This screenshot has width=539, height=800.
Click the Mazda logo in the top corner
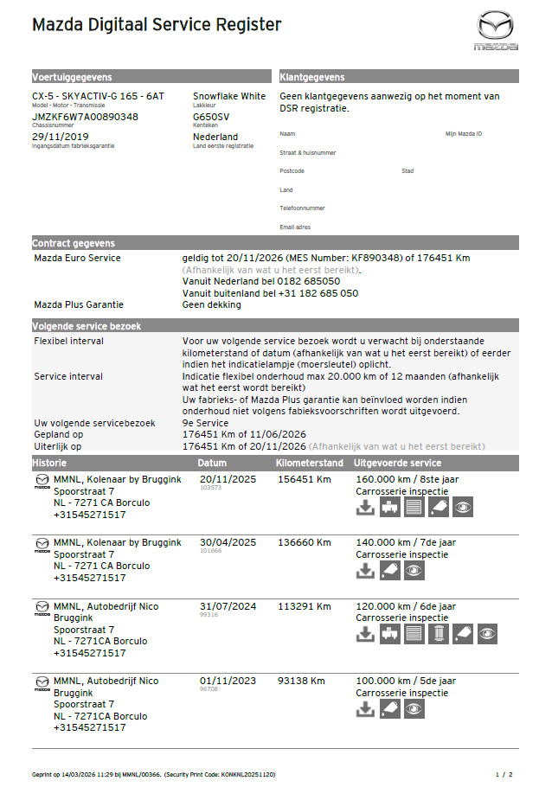click(x=496, y=30)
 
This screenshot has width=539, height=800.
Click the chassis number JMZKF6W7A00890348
click(x=85, y=117)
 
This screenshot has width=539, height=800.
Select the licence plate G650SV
click(x=211, y=117)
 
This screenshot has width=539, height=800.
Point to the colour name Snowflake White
click(x=229, y=97)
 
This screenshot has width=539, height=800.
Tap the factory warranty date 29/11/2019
click(x=61, y=137)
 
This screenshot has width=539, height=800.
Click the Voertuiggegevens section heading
click(x=72, y=77)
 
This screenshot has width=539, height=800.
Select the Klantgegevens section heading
click(x=312, y=77)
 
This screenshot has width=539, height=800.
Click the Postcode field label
click(x=292, y=171)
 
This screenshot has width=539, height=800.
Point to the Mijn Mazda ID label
click(x=464, y=134)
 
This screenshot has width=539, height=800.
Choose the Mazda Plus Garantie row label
click(x=79, y=304)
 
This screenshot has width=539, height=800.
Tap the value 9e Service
click(x=206, y=423)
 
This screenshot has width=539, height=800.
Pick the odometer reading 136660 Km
click(x=304, y=542)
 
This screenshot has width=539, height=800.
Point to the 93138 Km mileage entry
click(x=301, y=681)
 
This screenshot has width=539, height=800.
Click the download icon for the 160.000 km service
click(x=366, y=508)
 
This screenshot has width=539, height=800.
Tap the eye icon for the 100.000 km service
click(x=414, y=708)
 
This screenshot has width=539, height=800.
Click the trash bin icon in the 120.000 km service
click(x=439, y=634)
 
